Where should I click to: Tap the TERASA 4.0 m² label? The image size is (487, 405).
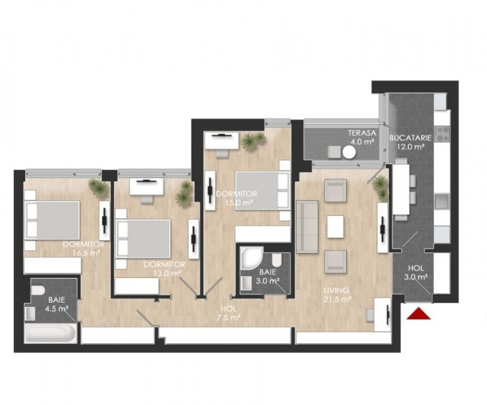click(x=362, y=138)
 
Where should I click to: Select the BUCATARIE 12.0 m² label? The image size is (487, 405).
click(x=410, y=142)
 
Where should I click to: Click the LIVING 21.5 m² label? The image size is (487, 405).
click(x=337, y=295)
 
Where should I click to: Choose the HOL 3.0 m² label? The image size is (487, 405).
click(x=416, y=273)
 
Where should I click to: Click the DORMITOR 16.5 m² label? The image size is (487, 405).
click(x=83, y=248)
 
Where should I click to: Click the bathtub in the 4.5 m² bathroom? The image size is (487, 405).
click(x=51, y=334)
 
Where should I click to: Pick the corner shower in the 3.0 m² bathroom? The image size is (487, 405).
click(x=252, y=258)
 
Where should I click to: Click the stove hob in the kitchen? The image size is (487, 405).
click(x=442, y=133)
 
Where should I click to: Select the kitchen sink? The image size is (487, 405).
click(x=442, y=201)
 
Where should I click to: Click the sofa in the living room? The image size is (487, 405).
click(x=307, y=227)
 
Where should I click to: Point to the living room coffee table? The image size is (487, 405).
click(x=336, y=227)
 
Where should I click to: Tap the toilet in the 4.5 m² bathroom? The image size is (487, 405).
click(x=37, y=290)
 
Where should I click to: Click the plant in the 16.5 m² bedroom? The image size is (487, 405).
click(x=99, y=187)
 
